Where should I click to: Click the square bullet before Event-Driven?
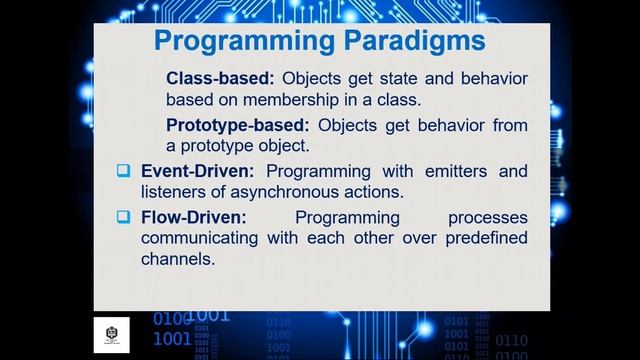tap(123, 171)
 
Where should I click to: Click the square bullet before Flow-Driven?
tap(123, 217)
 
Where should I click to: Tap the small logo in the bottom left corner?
tap(112, 333)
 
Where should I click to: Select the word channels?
tap(177, 259)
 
